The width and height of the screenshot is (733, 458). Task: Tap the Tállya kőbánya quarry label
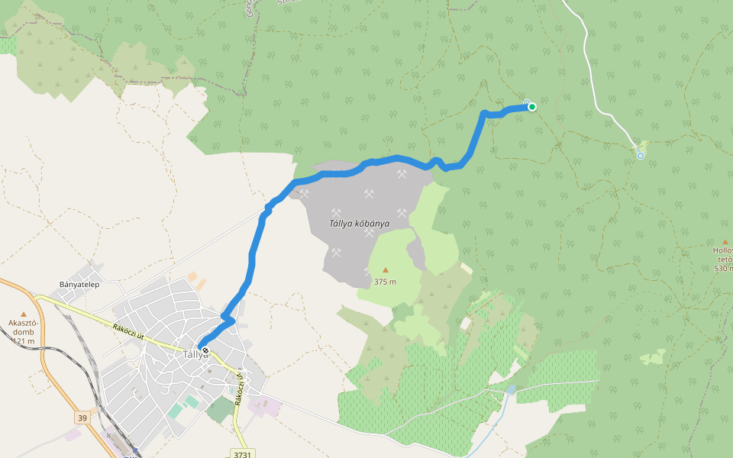(359, 224)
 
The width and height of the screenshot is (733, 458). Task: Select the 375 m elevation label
(385, 282)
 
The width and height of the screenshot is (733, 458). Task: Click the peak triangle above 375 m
(385, 269)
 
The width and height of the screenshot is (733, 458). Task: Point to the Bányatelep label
(80, 285)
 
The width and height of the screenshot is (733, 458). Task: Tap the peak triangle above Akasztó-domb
(23, 314)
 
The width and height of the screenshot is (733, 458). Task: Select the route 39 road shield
(82, 418)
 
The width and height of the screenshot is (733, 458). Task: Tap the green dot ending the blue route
(531, 107)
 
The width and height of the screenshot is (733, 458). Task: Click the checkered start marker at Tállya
(205, 350)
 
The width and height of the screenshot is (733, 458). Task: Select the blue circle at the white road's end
(640, 156)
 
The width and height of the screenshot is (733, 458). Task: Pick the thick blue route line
(252, 260)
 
